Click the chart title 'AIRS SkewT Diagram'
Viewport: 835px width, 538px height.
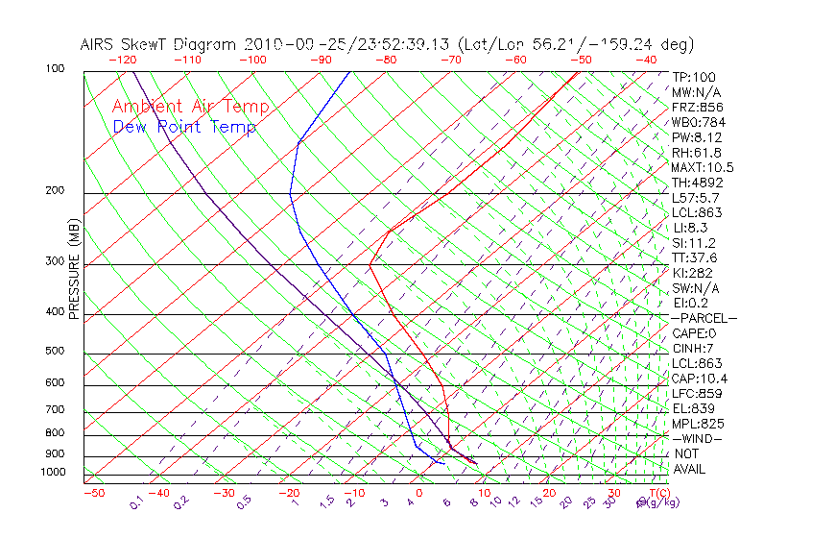coord(159,45)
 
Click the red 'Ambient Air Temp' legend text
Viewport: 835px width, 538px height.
coord(190,107)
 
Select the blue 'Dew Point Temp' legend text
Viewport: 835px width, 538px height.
coord(184,127)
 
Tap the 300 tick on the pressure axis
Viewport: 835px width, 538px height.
coord(57,261)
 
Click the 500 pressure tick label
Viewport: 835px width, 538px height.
coord(57,352)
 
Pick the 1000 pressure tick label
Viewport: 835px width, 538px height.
coord(54,473)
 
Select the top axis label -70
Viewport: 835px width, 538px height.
coord(449,60)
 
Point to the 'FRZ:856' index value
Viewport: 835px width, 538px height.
coord(694,108)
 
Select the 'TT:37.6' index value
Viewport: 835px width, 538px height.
coord(694,257)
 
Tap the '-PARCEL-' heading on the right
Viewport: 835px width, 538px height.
coord(704,318)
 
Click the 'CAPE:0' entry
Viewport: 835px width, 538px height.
coord(693,333)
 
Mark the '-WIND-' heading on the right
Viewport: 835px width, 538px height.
coord(697,438)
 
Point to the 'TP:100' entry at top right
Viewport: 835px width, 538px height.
coord(693,78)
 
